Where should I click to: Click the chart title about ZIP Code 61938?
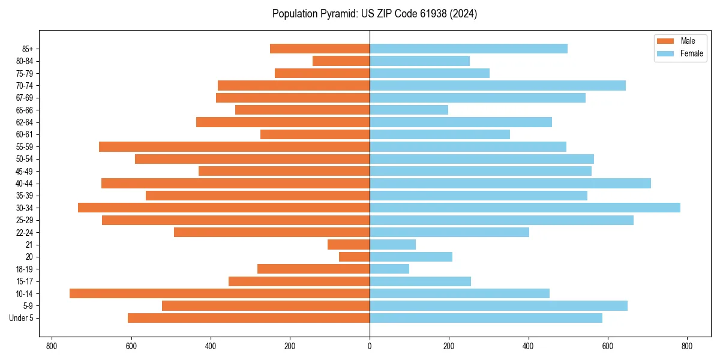tap(374, 14)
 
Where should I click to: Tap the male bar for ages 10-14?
tap(220, 293)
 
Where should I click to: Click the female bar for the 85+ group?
tap(469, 49)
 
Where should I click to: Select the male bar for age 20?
tap(355, 257)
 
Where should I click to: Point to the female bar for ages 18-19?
tap(389, 269)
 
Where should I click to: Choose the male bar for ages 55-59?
tap(234, 146)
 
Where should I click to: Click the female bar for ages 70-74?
tap(497, 85)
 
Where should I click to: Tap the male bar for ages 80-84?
tap(341, 61)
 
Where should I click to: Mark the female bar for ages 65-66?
tap(409, 110)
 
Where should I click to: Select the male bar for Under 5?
tap(248, 318)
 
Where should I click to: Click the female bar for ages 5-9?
tap(499, 305)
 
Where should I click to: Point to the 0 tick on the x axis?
tap(370, 346)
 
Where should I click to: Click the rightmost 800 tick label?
tap(687, 346)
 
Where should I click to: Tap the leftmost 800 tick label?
tap(52, 346)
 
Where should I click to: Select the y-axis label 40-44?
tap(25, 183)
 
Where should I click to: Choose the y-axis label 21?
tap(29, 245)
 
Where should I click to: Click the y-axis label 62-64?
tap(25, 122)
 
